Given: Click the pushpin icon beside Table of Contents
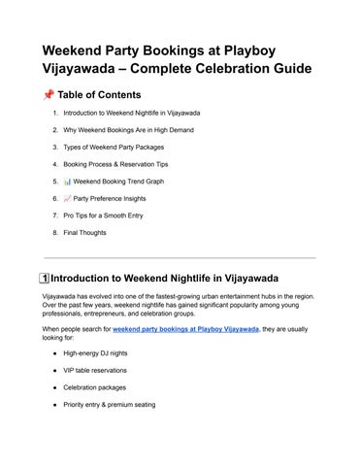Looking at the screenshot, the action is point(49,95).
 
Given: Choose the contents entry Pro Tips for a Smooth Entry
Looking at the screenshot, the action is point(112,216).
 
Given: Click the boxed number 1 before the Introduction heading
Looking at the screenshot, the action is point(41,277).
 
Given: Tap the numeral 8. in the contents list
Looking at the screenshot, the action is point(55,233).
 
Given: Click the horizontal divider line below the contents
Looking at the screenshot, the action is point(180,258).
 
